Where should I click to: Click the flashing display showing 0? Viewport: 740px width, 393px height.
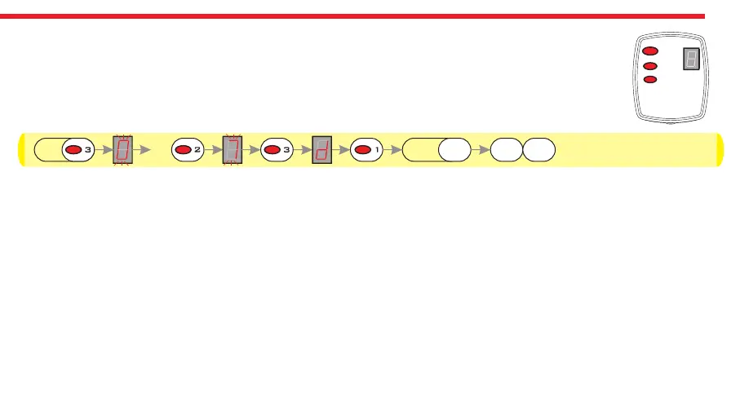coord(123,150)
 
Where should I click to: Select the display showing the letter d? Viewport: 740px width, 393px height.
coord(321,150)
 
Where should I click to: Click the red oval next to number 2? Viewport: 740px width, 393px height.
coord(183,150)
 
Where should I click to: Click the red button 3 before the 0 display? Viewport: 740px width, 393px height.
coord(73,150)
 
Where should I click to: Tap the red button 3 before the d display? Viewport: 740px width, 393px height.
coord(273,150)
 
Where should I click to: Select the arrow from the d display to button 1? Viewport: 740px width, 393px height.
coord(340,150)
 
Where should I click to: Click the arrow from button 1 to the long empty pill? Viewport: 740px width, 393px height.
coord(394,150)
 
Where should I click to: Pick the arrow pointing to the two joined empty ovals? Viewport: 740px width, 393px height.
coord(481,150)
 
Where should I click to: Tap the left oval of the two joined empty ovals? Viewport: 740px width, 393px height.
coord(506,150)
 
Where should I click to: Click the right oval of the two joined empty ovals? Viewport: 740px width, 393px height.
coord(538,150)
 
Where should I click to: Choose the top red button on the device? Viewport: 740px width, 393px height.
coord(650,52)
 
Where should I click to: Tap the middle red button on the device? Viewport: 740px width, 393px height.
coord(650,66)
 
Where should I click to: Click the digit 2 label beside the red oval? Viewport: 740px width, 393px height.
coord(197,150)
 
